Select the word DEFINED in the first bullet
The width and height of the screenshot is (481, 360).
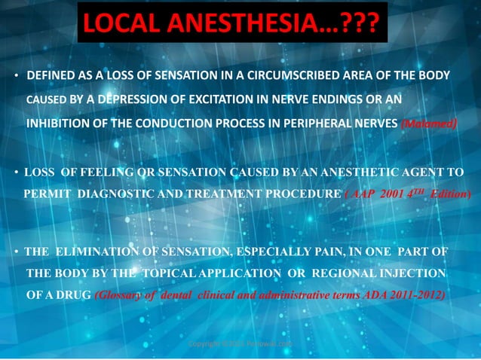click(51, 76)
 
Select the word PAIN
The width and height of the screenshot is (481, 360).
click(317, 250)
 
